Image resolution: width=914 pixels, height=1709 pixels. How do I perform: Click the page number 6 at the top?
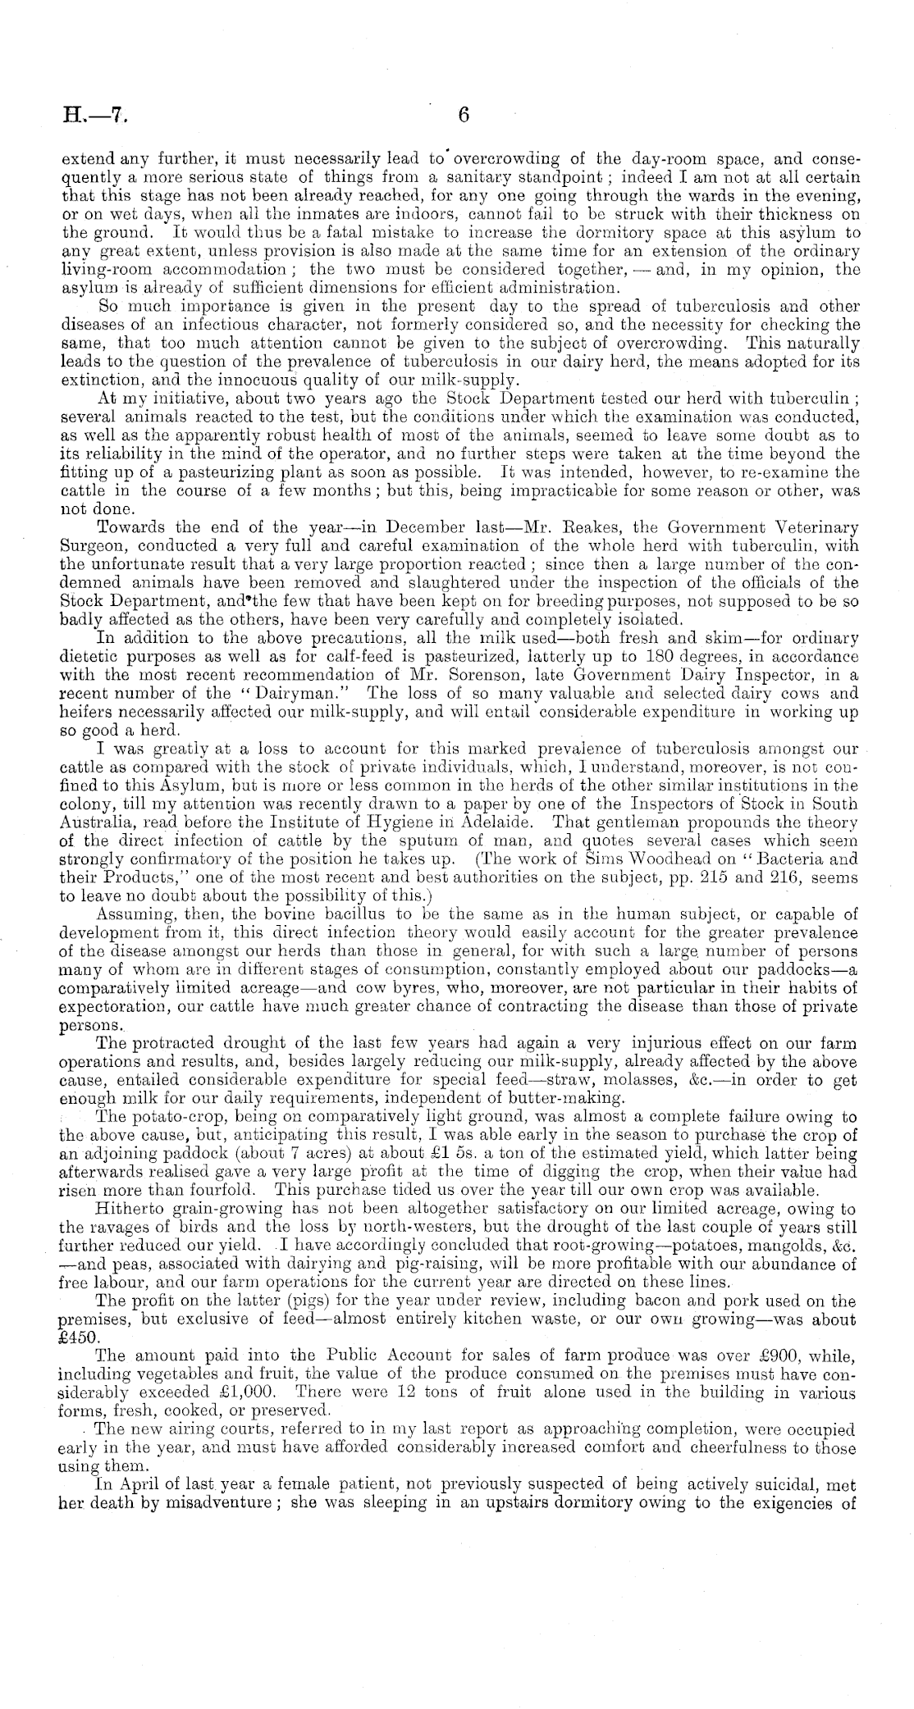click(x=463, y=116)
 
